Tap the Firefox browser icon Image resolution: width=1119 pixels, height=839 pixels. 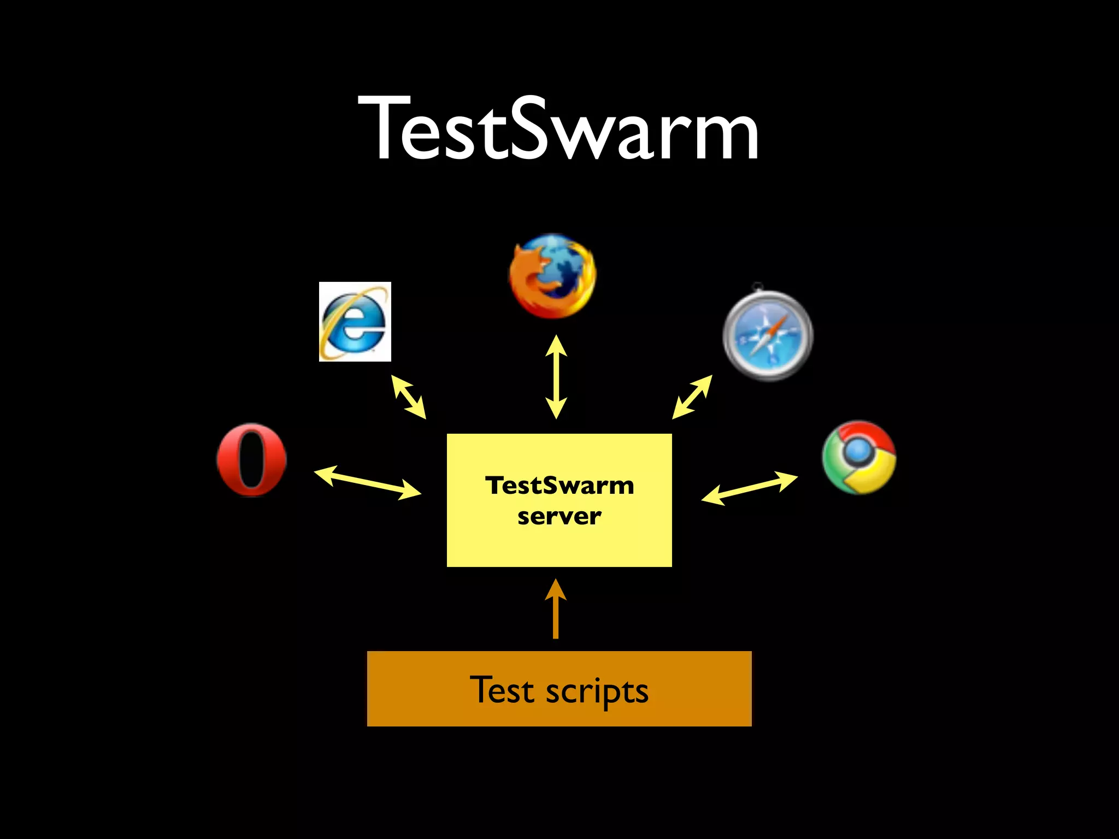pyautogui.click(x=552, y=276)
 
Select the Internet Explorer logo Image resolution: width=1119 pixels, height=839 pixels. pyautogui.click(x=355, y=322)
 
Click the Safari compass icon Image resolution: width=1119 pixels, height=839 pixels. pyautogui.click(x=768, y=335)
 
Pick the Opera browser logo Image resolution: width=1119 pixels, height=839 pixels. pyautogui.click(x=251, y=460)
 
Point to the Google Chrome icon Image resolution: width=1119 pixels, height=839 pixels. pyautogui.click(x=859, y=457)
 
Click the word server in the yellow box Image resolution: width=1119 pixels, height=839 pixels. pyautogui.click(x=559, y=516)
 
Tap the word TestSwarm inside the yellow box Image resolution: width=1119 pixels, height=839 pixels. pyautogui.click(x=559, y=485)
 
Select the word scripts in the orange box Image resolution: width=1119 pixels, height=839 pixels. pyautogui.click(x=597, y=692)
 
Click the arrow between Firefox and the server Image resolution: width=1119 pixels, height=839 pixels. pyautogui.click(x=556, y=377)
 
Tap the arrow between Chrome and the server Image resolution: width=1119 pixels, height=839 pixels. pyautogui.click(x=749, y=488)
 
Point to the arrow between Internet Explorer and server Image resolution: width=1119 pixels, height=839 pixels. pyautogui.click(x=408, y=397)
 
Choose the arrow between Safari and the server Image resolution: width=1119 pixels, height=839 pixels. pyautogui.click(x=692, y=397)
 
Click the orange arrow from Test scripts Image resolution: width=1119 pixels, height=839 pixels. pyautogui.click(x=556, y=609)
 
